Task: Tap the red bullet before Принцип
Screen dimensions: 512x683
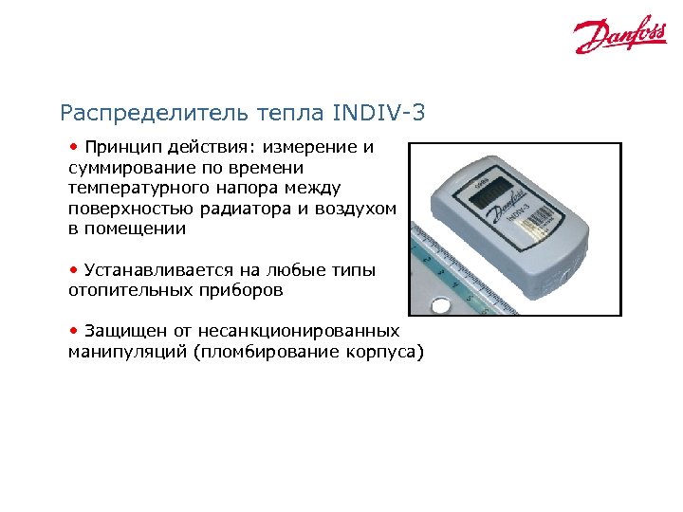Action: [x=73, y=147]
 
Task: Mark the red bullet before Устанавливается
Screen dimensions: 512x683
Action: [x=73, y=270]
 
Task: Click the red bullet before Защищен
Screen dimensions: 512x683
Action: [x=73, y=331]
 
